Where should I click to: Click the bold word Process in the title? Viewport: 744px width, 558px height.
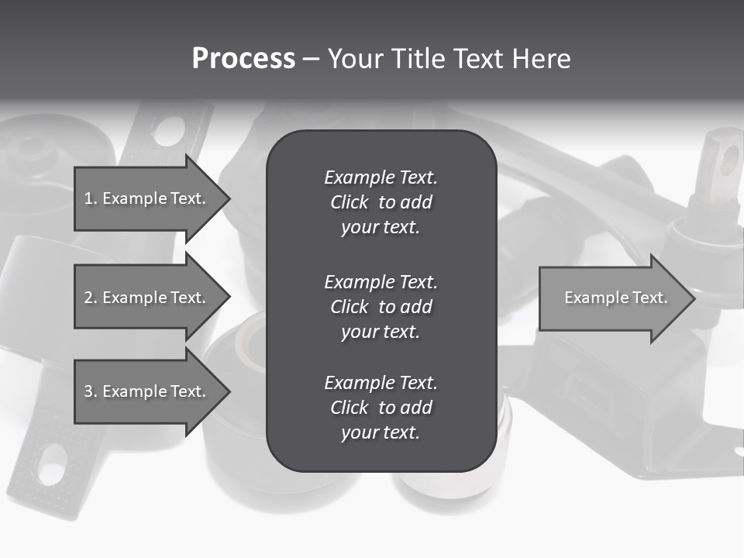pyautogui.click(x=243, y=59)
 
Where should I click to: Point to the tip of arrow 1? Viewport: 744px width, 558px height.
pyautogui.click(x=229, y=198)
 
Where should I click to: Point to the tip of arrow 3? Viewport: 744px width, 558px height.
pyautogui.click(x=229, y=391)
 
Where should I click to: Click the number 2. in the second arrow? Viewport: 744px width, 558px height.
pyautogui.click(x=90, y=298)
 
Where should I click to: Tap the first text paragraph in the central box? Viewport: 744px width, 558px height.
pyautogui.click(x=381, y=202)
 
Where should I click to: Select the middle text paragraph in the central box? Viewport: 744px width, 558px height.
pyautogui.click(x=381, y=306)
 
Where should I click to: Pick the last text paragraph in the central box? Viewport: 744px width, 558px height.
pyautogui.click(x=381, y=408)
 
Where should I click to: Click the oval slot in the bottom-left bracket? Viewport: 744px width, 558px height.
pyautogui.click(x=53, y=464)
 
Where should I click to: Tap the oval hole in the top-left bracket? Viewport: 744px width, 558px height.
pyautogui.click(x=170, y=131)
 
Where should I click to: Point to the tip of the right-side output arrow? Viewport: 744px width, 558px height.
pyautogui.click(x=694, y=298)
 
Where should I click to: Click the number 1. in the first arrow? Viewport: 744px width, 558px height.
pyautogui.click(x=90, y=198)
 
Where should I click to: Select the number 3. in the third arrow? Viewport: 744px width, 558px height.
pyautogui.click(x=90, y=391)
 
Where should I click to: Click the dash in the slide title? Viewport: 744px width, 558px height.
pyautogui.click(x=311, y=60)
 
